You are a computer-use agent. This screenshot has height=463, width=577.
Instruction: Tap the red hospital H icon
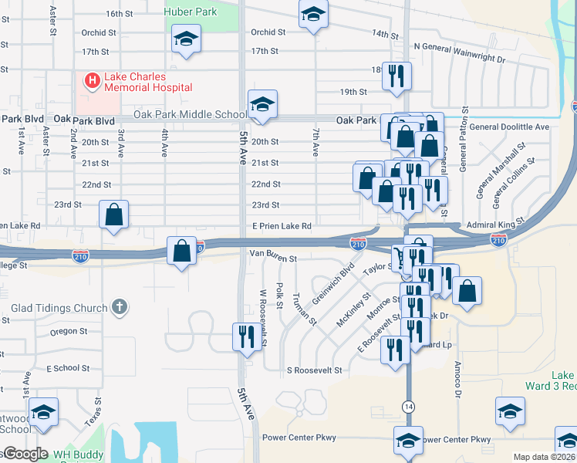pos(92,80)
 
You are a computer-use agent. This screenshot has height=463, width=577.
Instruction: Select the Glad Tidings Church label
pos(59,308)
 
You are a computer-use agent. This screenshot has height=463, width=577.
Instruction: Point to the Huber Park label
pos(191,12)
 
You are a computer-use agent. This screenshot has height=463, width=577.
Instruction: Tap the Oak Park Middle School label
pos(190,114)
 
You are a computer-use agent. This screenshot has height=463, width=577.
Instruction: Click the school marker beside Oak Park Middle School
pos(262,104)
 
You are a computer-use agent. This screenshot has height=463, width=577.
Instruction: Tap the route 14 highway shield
pos(407,405)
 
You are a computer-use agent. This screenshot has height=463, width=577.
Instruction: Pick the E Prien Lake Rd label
pos(282,226)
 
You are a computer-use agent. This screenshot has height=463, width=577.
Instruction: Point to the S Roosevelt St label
pos(314,370)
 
